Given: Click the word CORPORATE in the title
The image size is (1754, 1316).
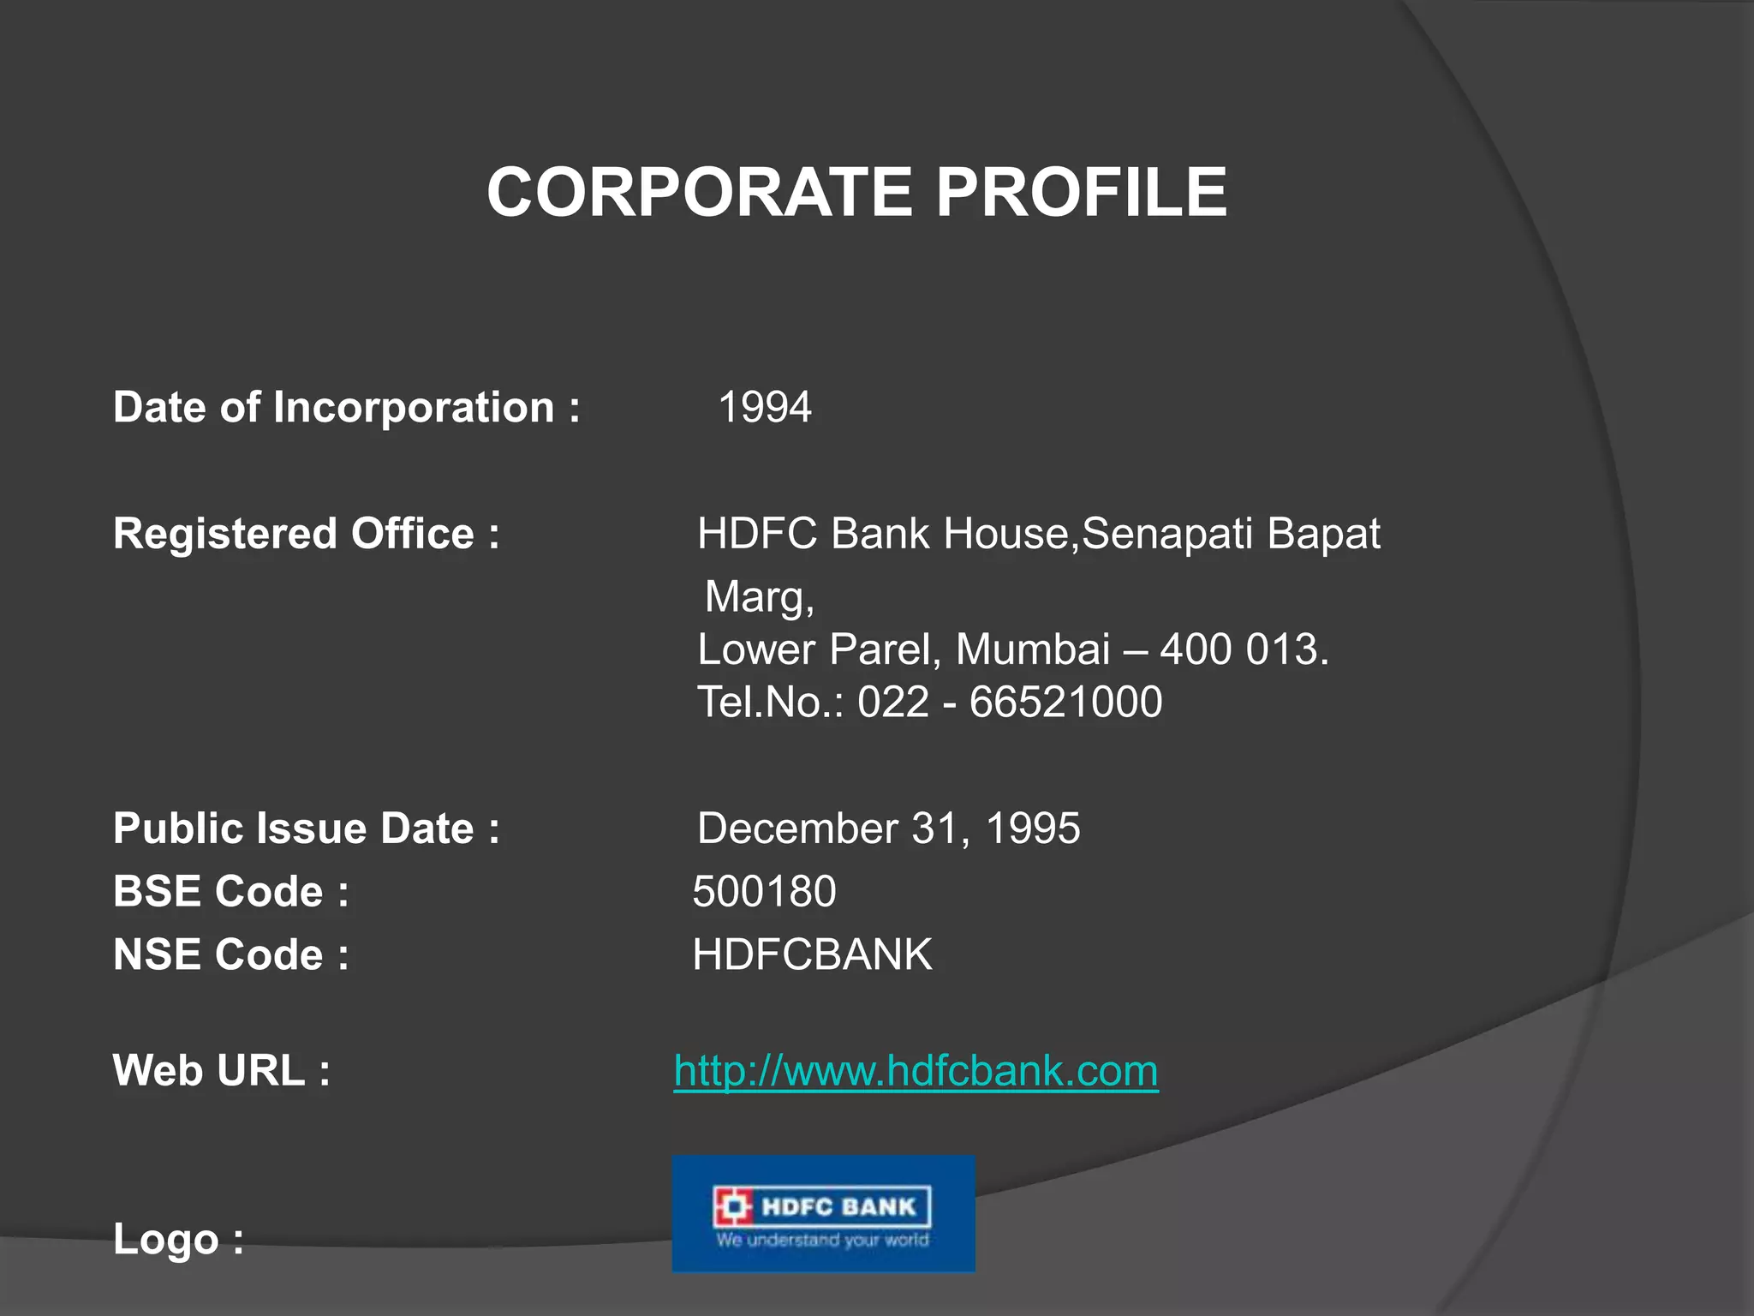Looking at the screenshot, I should (x=699, y=192).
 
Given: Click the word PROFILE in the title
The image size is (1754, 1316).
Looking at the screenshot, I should (x=1081, y=192).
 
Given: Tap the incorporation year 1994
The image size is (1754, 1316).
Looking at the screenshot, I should (x=764, y=407).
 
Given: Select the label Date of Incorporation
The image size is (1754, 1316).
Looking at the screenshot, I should (x=346, y=407).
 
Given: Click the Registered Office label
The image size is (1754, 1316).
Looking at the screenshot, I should (x=306, y=534).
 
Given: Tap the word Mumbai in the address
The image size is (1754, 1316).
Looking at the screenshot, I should (x=1032, y=649).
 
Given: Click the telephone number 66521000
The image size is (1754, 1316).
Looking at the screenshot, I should (x=1065, y=703).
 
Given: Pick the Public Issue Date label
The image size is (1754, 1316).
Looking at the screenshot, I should (x=306, y=828).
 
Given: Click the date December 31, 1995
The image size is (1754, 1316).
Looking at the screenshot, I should (x=888, y=828).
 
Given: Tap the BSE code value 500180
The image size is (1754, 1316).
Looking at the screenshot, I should (x=764, y=891).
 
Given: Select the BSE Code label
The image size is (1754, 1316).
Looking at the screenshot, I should (x=230, y=891).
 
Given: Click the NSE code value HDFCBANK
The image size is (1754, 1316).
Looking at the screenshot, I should (x=812, y=954).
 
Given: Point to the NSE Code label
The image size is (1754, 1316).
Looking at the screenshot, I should (x=230, y=954).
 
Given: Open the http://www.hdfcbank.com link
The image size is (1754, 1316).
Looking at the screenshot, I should (x=916, y=1071).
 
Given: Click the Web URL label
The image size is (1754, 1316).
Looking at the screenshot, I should (x=221, y=1071).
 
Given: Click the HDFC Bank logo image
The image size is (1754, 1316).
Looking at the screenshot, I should (x=823, y=1213).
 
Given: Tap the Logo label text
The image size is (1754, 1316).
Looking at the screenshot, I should (x=178, y=1239).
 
